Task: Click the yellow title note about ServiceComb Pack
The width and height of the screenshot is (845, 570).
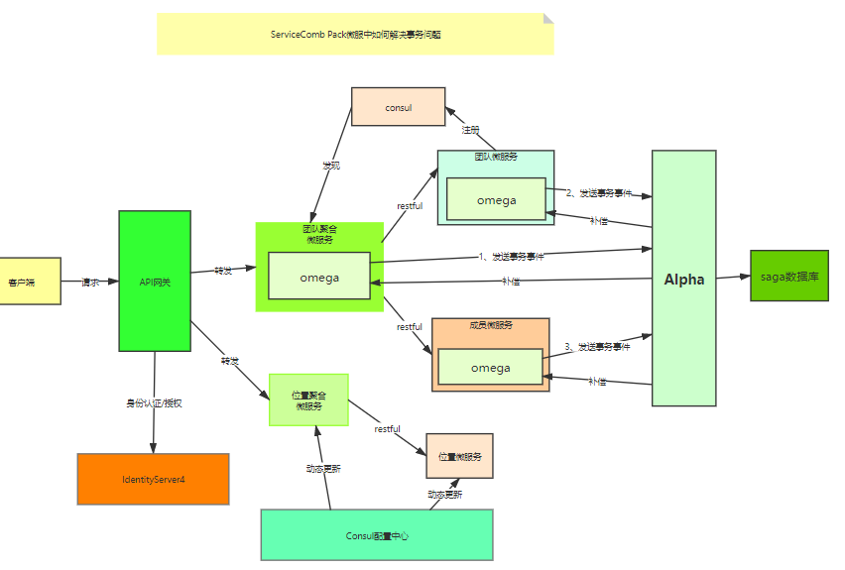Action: click(355, 35)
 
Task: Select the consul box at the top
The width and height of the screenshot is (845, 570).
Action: click(398, 107)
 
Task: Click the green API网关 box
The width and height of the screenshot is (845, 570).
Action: click(155, 282)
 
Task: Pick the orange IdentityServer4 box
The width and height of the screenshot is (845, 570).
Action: click(153, 479)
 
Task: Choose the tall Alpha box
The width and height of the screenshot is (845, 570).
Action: click(683, 279)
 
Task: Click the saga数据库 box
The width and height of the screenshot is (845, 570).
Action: click(788, 277)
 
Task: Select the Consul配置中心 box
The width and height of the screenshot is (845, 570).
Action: click(377, 535)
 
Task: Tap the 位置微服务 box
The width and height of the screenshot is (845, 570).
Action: click(459, 457)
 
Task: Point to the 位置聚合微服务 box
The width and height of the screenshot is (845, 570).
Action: click(308, 399)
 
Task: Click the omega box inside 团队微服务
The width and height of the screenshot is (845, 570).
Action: click(496, 199)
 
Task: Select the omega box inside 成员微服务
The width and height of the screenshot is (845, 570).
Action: click(490, 368)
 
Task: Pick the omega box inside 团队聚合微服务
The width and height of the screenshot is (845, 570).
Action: click(319, 278)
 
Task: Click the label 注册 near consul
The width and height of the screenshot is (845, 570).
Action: click(470, 129)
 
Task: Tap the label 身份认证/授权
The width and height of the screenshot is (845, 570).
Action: click(154, 402)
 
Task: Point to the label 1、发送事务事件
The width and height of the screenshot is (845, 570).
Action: click(512, 256)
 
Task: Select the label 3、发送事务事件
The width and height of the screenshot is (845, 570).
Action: click(597, 346)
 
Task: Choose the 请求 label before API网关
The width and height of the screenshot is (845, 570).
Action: click(90, 282)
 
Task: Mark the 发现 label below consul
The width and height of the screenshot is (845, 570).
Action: click(330, 165)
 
